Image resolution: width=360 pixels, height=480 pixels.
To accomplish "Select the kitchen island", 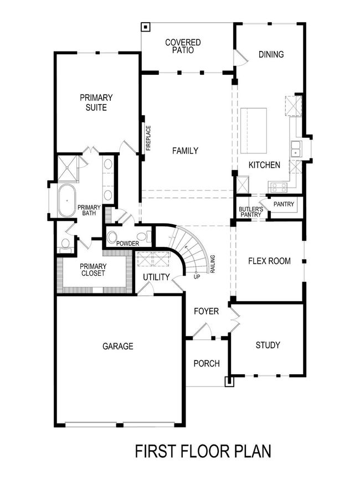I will (x=253, y=131).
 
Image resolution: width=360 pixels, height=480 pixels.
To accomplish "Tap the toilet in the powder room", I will (x=113, y=238).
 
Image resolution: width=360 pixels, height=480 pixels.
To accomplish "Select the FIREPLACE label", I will (x=148, y=138).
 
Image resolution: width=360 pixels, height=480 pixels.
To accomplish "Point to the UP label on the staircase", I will (x=197, y=276).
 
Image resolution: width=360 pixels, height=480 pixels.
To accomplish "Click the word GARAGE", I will (x=117, y=347).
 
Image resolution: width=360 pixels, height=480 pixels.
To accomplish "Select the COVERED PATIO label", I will (x=182, y=46).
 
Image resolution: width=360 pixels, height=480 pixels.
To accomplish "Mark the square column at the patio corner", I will (x=145, y=26).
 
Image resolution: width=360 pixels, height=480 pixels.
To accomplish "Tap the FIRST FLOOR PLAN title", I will (x=203, y=451).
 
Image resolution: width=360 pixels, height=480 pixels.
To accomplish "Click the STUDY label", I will (x=268, y=345).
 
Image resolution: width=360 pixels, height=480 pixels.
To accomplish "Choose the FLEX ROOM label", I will (x=269, y=261).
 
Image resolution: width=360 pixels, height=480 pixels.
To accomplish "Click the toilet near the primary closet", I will (x=65, y=244).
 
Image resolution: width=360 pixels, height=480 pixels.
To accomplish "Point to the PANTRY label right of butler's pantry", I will (x=284, y=204).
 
